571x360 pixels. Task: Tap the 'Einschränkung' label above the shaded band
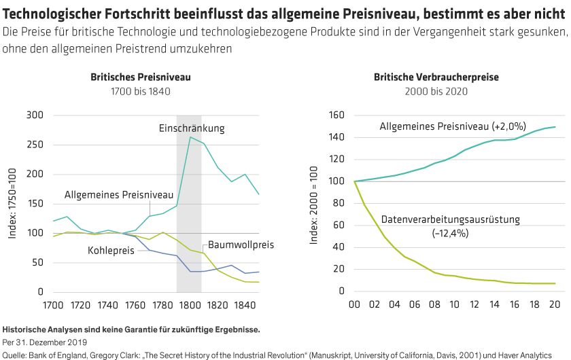pos(192,128)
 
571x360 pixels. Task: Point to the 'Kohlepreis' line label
pos(111,251)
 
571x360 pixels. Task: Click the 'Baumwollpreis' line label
pos(241,245)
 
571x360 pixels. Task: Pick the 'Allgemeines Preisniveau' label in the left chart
pos(119,195)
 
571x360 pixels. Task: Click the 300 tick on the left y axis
pos(35,115)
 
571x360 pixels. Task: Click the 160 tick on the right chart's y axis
pos(338,115)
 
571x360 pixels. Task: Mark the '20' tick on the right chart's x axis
pos(555,305)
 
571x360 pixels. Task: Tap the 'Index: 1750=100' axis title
pos(13,204)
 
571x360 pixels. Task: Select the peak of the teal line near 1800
pos(190,137)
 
